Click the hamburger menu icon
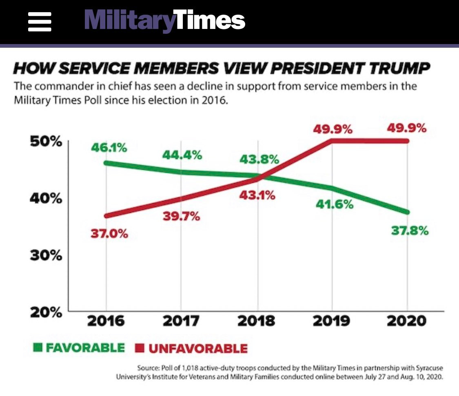tap(40, 22)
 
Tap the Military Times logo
tap(164, 21)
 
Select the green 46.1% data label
tap(109, 148)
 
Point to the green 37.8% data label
tap(410, 231)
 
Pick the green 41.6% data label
tap(335, 204)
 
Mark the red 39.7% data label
tap(181, 216)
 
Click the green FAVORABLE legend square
tap(38, 348)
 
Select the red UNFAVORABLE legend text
tap(198, 348)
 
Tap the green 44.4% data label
tap(182, 155)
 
